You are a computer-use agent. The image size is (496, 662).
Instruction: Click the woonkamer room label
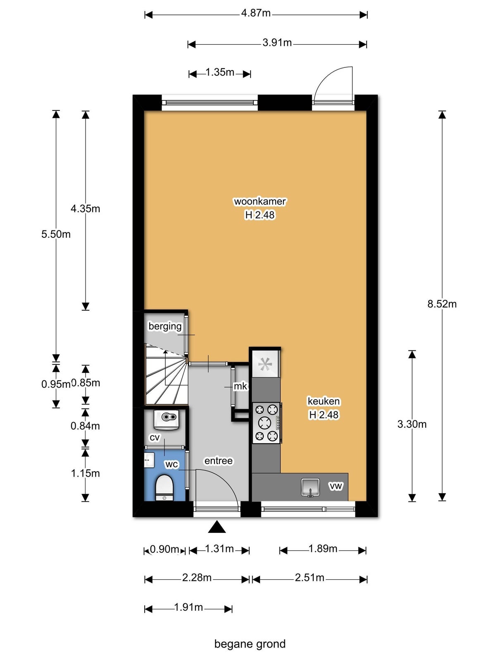point(260,201)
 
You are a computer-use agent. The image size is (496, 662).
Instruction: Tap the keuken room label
point(324,401)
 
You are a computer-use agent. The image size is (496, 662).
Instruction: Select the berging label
point(165,326)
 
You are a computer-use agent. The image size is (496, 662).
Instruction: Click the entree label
point(218,461)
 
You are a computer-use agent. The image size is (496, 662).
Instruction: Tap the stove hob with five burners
point(266,423)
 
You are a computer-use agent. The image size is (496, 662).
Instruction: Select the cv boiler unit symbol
point(166,420)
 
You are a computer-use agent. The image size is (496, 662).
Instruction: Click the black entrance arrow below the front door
point(217,528)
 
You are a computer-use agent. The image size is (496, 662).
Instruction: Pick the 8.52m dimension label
point(442,304)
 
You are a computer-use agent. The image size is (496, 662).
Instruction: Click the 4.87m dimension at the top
point(256,13)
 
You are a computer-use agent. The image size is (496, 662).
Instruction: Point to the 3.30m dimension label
point(412,424)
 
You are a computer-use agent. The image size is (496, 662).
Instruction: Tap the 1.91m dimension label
point(188,607)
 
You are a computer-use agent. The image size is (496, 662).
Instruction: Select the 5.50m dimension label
point(56,234)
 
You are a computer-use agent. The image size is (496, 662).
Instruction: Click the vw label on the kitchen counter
point(336,486)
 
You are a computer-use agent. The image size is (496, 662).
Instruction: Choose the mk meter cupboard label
point(240,386)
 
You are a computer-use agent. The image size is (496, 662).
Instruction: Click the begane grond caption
point(250,644)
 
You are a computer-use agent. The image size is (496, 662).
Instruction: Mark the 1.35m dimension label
point(220,72)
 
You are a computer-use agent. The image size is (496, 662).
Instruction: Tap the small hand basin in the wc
point(149,460)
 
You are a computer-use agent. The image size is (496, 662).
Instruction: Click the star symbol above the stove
point(265,364)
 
